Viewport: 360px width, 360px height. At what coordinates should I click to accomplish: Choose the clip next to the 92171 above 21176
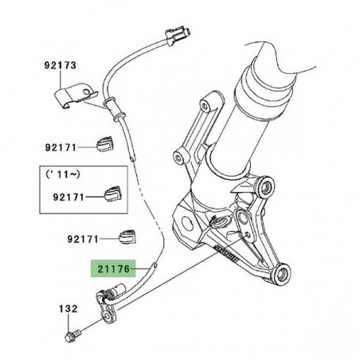[x=125, y=236]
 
